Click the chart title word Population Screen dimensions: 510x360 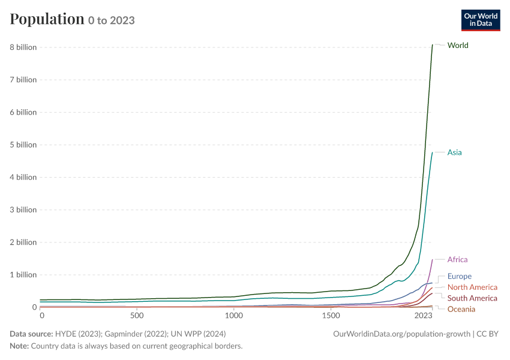pyautogui.click(x=47, y=19)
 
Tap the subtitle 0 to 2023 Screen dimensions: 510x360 pyautogui.click(x=111, y=20)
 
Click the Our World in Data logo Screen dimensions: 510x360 pyautogui.click(x=481, y=20)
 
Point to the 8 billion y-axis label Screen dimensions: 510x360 pyautogui.click(x=23, y=47)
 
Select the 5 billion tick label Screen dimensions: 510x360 pyautogui.click(x=23, y=145)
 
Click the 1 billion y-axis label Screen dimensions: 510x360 pyautogui.click(x=23, y=275)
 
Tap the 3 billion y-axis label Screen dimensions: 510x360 pyautogui.click(x=23, y=210)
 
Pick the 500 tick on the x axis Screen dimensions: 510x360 pyautogui.click(x=137, y=316)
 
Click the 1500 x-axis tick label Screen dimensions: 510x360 pyautogui.click(x=331, y=316)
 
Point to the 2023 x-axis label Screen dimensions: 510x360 pyautogui.click(x=423, y=316)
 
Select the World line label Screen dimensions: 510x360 pyautogui.click(x=458, y=45)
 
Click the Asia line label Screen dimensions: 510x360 pyautogui.click(x=454, y=152)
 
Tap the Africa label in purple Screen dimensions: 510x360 pyautogui.click(x=457, y=260)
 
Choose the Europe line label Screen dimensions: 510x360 pyautogui.click(x=459, y=277)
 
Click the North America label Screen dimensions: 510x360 pyautogui.click(x=472, y=287)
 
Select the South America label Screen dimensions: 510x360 pyautogui.click(x=472, y=298)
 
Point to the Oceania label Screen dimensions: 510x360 pyautogui.click(x=461, y=309)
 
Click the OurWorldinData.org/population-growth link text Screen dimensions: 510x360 pyautogui.click(x=401, y=334)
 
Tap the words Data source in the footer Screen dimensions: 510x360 pyautogui.click(x=31, y=334)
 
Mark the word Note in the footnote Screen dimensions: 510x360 pyautogui.click(x=19, y=346)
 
